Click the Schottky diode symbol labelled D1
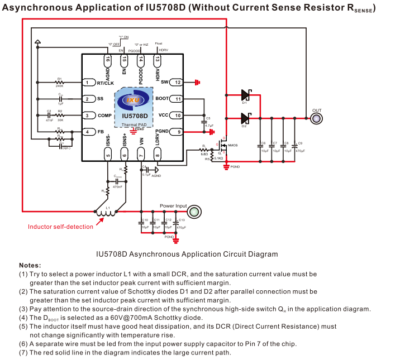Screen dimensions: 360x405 click(244, 95)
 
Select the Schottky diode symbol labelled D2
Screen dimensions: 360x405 click(244, 118)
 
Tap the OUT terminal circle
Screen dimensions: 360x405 click(317, 118)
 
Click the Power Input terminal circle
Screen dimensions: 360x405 click(194, 212)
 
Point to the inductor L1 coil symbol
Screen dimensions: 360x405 click(106, 212)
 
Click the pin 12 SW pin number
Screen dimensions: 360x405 click(178, 83)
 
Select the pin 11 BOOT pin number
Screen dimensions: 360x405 click(178, 99)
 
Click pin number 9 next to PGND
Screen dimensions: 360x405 click(178, 132)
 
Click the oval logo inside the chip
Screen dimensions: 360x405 click(134, 100)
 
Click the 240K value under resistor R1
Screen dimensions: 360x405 click(59, 86)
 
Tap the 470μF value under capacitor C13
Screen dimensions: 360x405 click(181, 228)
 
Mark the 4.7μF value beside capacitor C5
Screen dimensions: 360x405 click(209, 126)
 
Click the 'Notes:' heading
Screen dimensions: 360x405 click(30, 265)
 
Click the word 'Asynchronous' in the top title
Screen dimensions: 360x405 click(37, 8)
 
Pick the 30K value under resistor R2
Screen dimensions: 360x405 click(60, 119)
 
